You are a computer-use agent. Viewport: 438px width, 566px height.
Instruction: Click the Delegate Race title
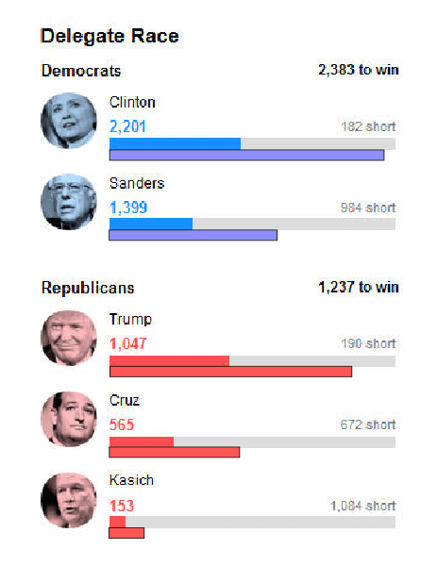click(x=109, y=37)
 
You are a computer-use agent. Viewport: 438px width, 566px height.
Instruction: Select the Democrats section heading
click(x=81, y=71)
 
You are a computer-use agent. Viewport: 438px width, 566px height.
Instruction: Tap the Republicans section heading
click(x=88, y=288)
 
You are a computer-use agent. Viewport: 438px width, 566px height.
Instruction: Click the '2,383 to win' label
click(x=358, y=71)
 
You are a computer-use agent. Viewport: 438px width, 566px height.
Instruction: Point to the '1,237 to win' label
click(x=358, y=288)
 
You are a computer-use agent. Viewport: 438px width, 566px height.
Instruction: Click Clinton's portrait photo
click(x=69, y=121)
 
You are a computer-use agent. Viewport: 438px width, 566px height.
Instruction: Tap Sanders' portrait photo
click(x=69, y=202)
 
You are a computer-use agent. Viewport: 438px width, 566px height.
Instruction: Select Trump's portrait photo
click(x=69, y=338)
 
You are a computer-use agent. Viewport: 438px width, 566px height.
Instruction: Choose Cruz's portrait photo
click(x=69, y=419)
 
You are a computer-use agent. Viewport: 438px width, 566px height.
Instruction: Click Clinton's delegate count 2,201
click(x=128, y=126)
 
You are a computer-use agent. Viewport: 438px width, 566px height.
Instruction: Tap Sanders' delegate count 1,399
click(x=128, y=208)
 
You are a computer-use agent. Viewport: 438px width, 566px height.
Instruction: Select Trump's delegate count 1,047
click(x=128, y=343)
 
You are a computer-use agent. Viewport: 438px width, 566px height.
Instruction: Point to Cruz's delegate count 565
click(x=123, y=424)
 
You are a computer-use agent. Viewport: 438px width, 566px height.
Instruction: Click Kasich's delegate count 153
click(x=123, y=506)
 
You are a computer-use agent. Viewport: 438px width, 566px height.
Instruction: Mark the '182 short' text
click(x=368, y=126)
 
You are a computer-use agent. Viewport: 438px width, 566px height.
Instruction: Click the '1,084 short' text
click(x=362, y=506)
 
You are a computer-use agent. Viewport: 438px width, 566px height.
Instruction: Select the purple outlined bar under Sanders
click(x=193, y=235)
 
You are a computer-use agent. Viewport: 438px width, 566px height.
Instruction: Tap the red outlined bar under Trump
click(x=230, y=371)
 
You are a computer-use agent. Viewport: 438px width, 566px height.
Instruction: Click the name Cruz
click(x=125, y=400)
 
